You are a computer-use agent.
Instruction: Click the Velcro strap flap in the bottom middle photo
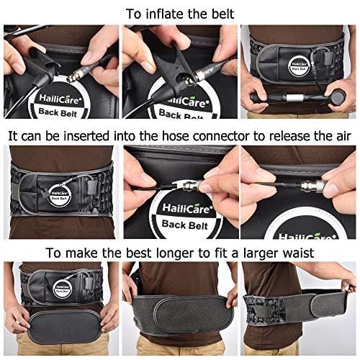point(181,307)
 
